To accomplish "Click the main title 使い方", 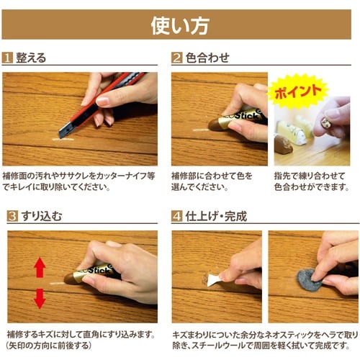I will pyautogui.click(x=180, y=25).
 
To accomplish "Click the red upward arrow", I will pyautogui.click(x=40, y=267).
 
